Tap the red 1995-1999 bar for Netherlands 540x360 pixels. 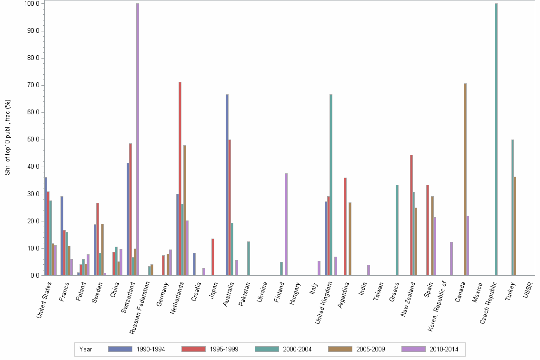(180, 179)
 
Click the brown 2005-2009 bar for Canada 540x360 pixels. (465, 179)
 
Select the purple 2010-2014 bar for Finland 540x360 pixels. (286, 224)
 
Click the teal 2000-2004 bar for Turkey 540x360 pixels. (512, 207)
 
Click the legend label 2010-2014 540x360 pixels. (444, 349)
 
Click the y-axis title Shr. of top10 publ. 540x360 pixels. (7, 137)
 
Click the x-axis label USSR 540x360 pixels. (528, 290)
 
